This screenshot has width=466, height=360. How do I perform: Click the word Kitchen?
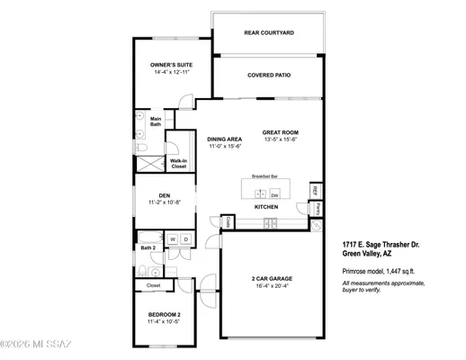point(265,208)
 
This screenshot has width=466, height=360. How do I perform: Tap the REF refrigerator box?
point(315,192)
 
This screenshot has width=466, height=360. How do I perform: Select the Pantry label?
point(319,210)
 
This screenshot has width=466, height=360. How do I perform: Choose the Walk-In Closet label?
point(179,164)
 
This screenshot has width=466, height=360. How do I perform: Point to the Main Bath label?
point(156,122)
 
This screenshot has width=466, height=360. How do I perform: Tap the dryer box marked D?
point(185,239)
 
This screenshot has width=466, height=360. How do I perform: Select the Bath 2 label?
point(148,247)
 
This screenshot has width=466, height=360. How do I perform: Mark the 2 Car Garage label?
point(270,279)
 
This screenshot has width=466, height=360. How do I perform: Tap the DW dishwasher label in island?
point(274,194)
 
